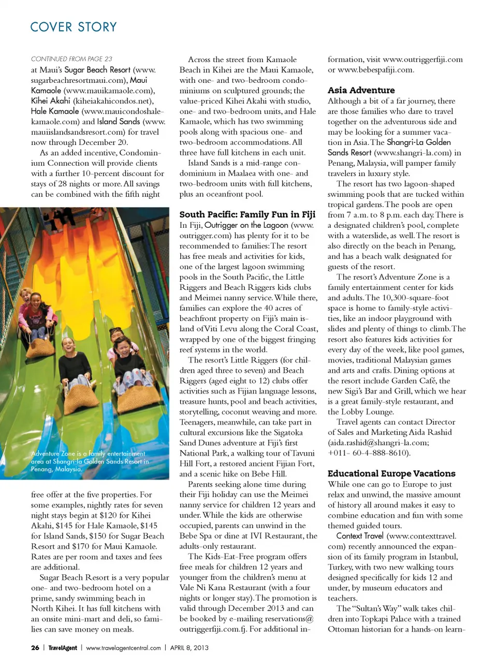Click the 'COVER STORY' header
tap(74, 27)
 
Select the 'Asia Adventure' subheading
tap(361, 90)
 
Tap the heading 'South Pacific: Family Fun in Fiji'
tap(247, 214)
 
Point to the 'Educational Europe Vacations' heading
tap(391, 473)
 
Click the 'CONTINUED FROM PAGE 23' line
tap(71, 59)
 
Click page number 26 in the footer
tap(35, 648)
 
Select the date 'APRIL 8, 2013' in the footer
tap(189, 648)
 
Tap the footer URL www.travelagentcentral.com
tap(123, 648)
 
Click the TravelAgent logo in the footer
tap(63, 648)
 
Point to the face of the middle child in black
tap(68, 343)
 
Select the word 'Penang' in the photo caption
tap(42, 469)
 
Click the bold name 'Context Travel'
tap(360, 536)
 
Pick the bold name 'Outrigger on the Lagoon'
tap(246, 225)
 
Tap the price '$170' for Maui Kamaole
tap(101, 546)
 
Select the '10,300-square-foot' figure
tap(408, 298)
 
